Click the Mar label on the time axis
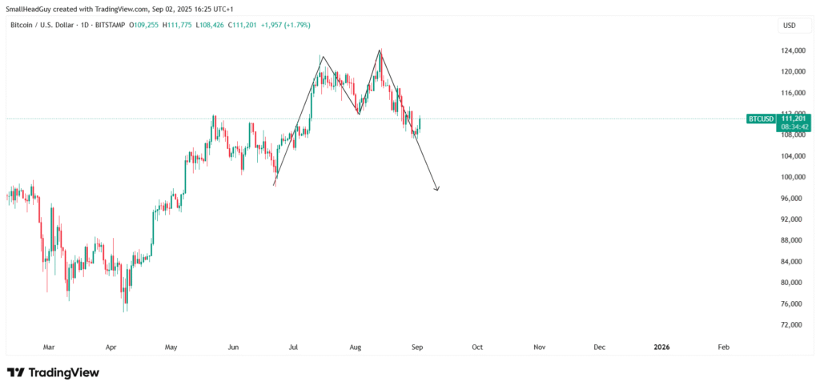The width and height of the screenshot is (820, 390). (x=49, y=348)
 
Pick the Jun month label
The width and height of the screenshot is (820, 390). (x=233, y=348)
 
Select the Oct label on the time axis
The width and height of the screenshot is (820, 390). (x=477, y=348)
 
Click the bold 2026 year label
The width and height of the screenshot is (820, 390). (x=661, y=348)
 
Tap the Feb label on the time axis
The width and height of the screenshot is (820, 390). (x=723, y=348)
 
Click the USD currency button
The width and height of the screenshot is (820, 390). (x=790, y=26)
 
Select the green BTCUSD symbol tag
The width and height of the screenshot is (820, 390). (x=761, y=119)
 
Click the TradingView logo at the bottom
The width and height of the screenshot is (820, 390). (x=53, y=372)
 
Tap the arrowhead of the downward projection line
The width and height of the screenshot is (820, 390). (x=437, y=189)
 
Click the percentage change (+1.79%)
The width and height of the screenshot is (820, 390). (x=294, y=26)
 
